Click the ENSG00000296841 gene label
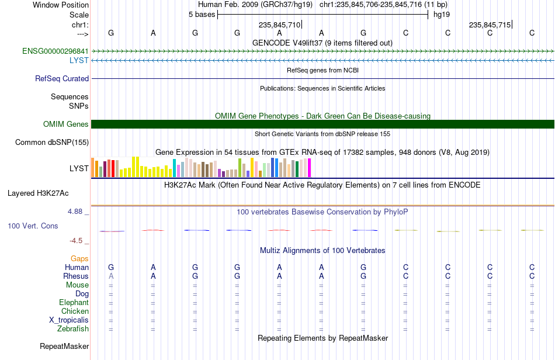56,51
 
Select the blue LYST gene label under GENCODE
79,61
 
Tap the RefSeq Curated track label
62,78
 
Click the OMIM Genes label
66,124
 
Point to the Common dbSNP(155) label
52,142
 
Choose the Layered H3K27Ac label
38,193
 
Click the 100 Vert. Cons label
33,226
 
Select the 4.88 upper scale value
75,212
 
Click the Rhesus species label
76,276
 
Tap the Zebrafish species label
73,329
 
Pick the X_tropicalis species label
69,320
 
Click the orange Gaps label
79,259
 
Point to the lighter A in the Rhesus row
111,276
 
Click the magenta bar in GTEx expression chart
310,168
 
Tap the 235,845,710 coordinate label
280,25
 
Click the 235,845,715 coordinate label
490,25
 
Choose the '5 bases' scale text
202,15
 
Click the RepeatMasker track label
64,346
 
